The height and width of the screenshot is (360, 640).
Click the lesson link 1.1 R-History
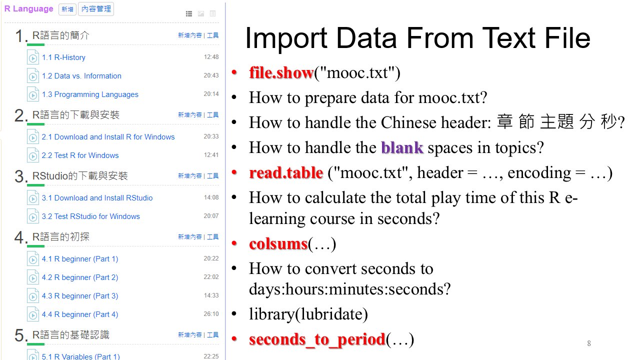tap(63, 57)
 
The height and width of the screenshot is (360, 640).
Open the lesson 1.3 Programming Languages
tap(90, 94)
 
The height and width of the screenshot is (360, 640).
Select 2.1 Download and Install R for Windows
tap(108, 137)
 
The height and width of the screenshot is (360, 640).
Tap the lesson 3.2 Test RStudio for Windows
tap(91, 216)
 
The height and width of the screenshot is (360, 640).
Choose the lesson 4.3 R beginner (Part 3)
tap(80, 295)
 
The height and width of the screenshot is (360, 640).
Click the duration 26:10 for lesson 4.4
tap(211, 313)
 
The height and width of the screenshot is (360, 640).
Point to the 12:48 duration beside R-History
tap(211, 57)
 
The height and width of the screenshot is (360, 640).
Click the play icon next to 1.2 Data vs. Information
tap(33, 76)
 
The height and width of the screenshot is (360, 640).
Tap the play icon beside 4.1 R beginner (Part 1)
tap(33, 259)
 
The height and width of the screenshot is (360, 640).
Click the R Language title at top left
tap(29, 8)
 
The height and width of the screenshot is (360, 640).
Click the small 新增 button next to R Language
tap(67, 9)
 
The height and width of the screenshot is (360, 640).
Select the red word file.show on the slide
tap(281, 72)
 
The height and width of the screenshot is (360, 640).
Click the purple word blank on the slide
tap(402, 147)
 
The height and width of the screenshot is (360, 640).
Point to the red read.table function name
tap(286, 172)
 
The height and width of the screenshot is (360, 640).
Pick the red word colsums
tap(278, 243)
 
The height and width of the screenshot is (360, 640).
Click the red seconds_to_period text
tap(317, 339)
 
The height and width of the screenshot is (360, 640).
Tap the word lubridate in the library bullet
tap(331, 314)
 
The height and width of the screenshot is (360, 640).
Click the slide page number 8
tap(589, 343)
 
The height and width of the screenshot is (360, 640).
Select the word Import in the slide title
tap(286, 38)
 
